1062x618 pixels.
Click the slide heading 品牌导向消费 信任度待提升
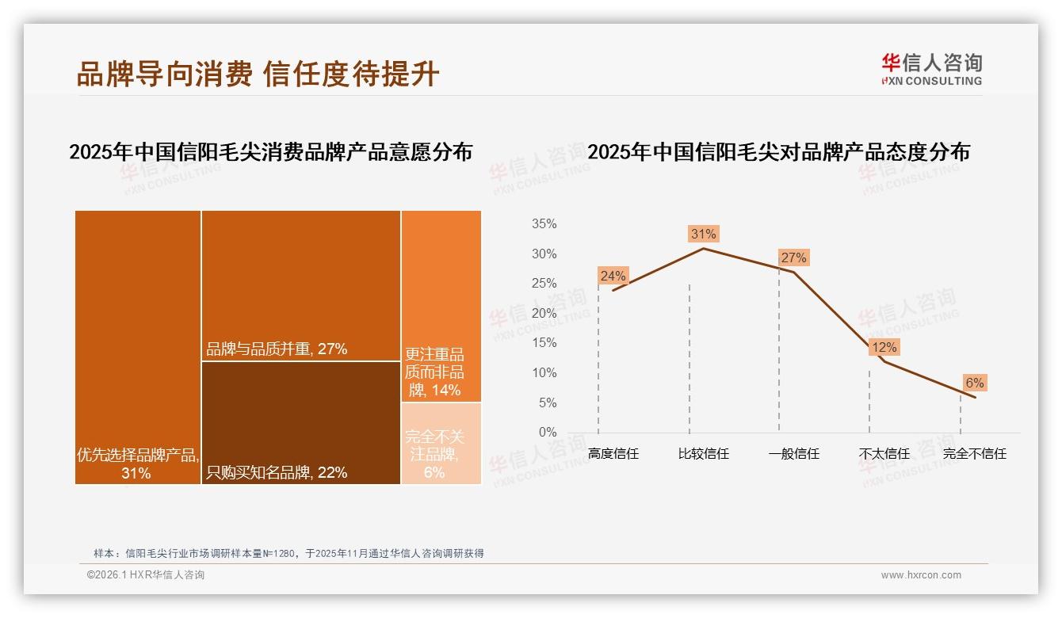pyautogui.click(x=258, y=74)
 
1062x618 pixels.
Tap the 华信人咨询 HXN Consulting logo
pyautogui.click(x=931, y=70)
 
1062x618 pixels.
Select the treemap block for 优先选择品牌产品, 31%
pyautogui.click(x=138, y=346)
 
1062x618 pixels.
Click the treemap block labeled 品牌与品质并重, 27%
pyautogui.click(x=301, y=285)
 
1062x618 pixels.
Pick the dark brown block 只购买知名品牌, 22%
pyautogui.click(x=301, y=422)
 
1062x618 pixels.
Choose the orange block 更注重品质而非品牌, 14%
pyautogui.click(x=441, y=306)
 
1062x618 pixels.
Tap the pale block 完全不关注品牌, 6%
pyautogui.click(x=441, y=444)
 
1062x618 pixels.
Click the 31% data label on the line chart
pyautogui.click(x=703, y=234)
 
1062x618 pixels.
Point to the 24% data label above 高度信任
pyautogui.click(x=613, y=276)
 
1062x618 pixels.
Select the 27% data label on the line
pyautogui.click(x=793, y=257)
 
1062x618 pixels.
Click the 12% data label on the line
pyautogui.click(x=884, y=347)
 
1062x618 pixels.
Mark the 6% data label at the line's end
pyautogui.click(x=974, y=383)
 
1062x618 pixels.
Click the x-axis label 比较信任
pyautogui.click(x=703, y=454)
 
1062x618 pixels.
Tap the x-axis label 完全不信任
pyautogui.click(x=974, y=454)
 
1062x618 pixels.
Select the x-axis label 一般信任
pyautogui.click(x=793, y=454)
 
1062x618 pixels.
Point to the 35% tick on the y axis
pyautogui.click(x=544, y=224)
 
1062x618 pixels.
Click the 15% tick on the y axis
pyautogui.click(x=544, y=343)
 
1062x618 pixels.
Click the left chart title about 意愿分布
pyautogui.click(x=270, y=152)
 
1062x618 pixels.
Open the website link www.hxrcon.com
pyautogui.click(x=921, y=575)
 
